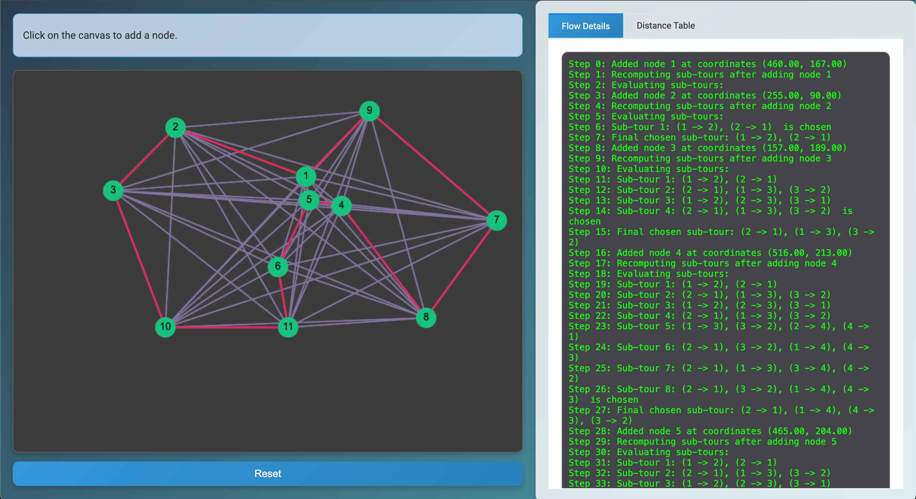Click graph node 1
306,176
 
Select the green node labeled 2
175,127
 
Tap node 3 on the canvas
113,190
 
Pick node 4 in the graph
341,205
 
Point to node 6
278,266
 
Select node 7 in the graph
497,220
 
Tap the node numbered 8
426,317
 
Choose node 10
165,327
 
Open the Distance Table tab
665,26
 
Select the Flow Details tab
585,26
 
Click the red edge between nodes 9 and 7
433,165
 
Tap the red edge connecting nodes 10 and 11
227,327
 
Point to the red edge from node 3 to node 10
139,258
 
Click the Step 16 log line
710,253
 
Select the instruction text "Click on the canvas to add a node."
100,35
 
